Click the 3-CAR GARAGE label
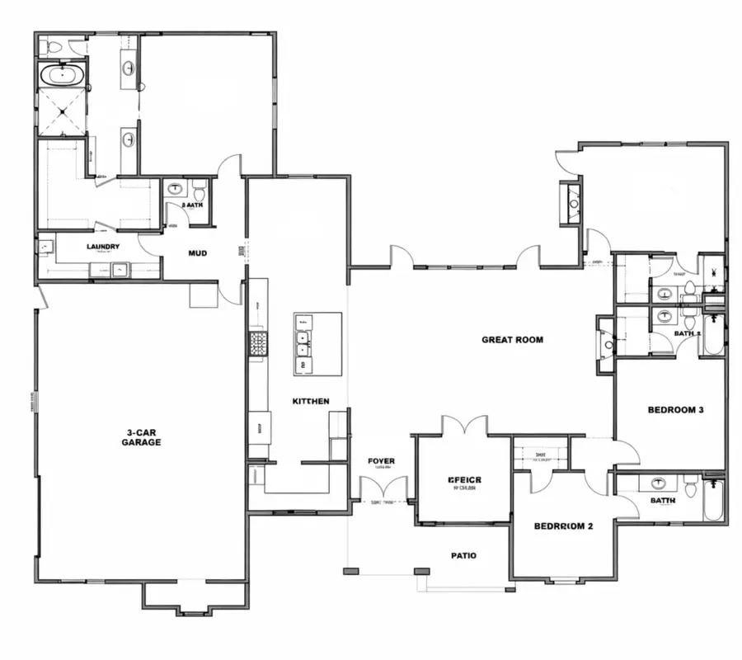pos(143,437)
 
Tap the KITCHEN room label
pos(311,401)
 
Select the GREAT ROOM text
pos(512,339)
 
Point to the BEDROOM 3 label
pos(675,410)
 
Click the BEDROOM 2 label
pos(563,526)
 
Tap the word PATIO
pos(463,555)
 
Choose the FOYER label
pos(381,461)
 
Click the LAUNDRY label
pos(104,247)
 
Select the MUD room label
pos(198,253)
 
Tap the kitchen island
pos(317,342)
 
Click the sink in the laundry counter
pos(120,267)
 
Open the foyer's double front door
pos(384,488)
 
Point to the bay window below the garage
pos(195,599)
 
